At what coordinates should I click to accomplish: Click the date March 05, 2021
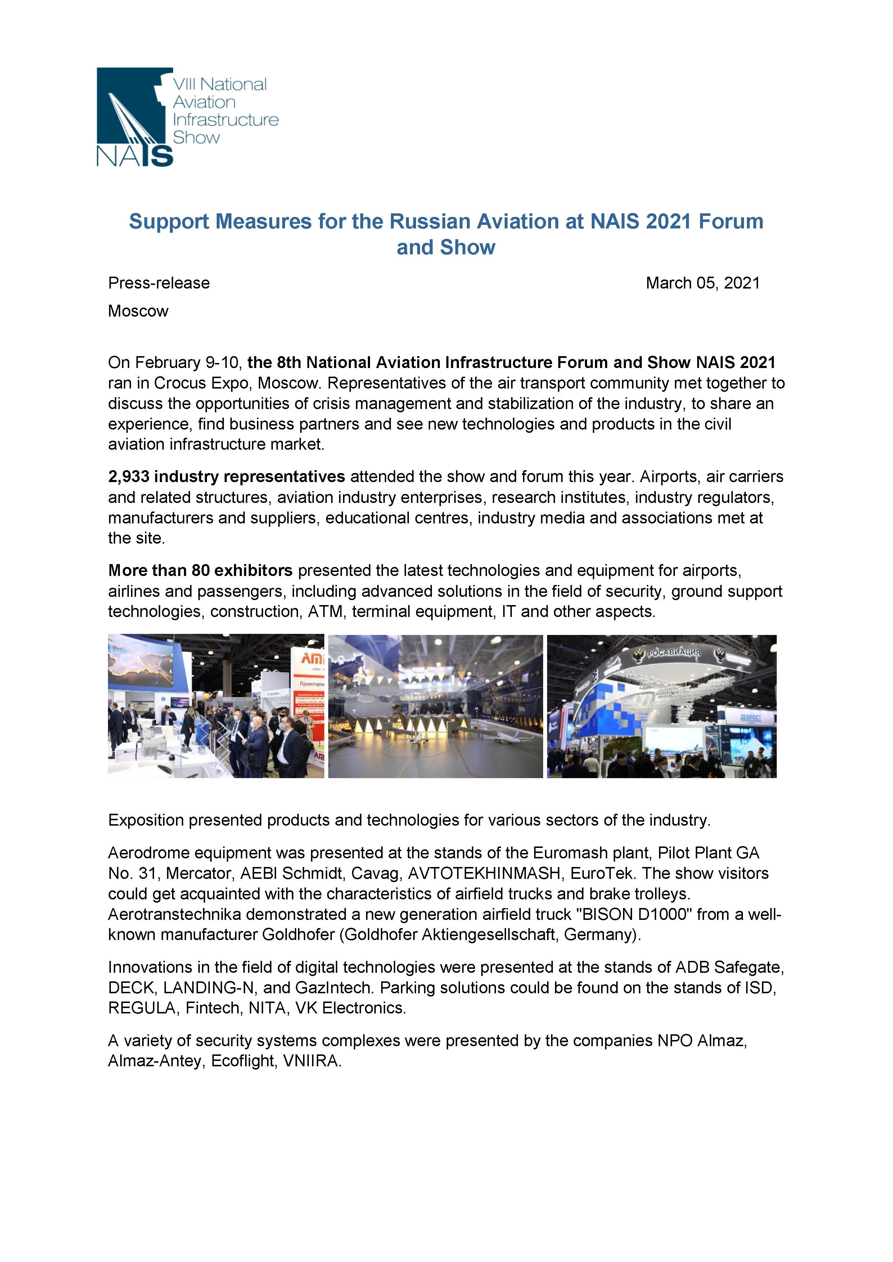[702, 283]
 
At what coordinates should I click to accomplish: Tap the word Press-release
[159, 283]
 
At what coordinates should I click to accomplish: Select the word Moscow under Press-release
[138, 311]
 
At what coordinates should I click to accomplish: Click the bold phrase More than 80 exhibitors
[200, 571]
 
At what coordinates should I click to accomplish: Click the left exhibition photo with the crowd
[216, 706]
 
